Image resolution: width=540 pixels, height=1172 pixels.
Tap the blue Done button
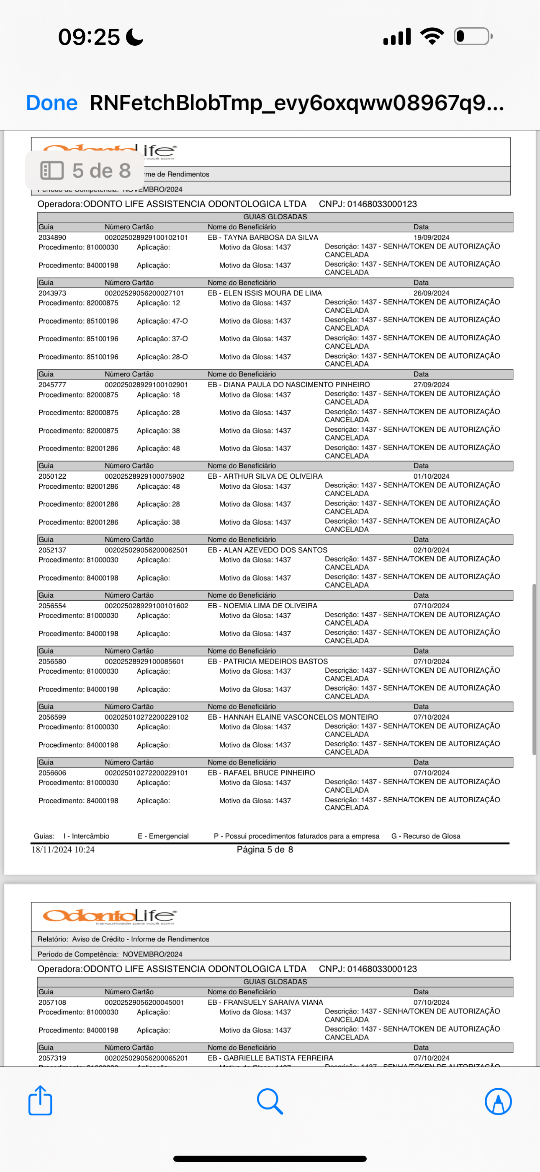51,103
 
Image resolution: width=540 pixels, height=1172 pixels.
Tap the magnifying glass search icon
270,1101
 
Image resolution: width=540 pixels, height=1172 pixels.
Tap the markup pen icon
498,1101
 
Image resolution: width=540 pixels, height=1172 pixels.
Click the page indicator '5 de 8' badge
85,171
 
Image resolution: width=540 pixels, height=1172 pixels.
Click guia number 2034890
52,238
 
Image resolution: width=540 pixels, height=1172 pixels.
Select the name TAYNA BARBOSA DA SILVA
270,238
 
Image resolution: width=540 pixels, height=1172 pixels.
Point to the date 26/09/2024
431,293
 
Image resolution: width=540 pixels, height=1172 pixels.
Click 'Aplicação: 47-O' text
162,321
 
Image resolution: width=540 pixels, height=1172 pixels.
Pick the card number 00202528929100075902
144,476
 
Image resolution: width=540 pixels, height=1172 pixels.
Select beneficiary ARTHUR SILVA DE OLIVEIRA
273,476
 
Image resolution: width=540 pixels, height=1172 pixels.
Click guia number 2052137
52,550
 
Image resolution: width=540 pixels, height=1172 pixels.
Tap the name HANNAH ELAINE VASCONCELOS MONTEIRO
301,717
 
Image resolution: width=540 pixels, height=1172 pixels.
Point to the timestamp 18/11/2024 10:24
63,849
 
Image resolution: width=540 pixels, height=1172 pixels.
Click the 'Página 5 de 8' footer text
265,849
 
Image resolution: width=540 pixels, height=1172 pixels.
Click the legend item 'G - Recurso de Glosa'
425,836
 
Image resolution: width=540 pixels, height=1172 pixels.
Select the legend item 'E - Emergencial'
163,836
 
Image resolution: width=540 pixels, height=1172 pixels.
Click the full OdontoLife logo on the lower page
110,916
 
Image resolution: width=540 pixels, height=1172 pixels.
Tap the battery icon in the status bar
473,36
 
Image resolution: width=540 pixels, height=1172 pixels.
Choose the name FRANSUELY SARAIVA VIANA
273,1002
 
